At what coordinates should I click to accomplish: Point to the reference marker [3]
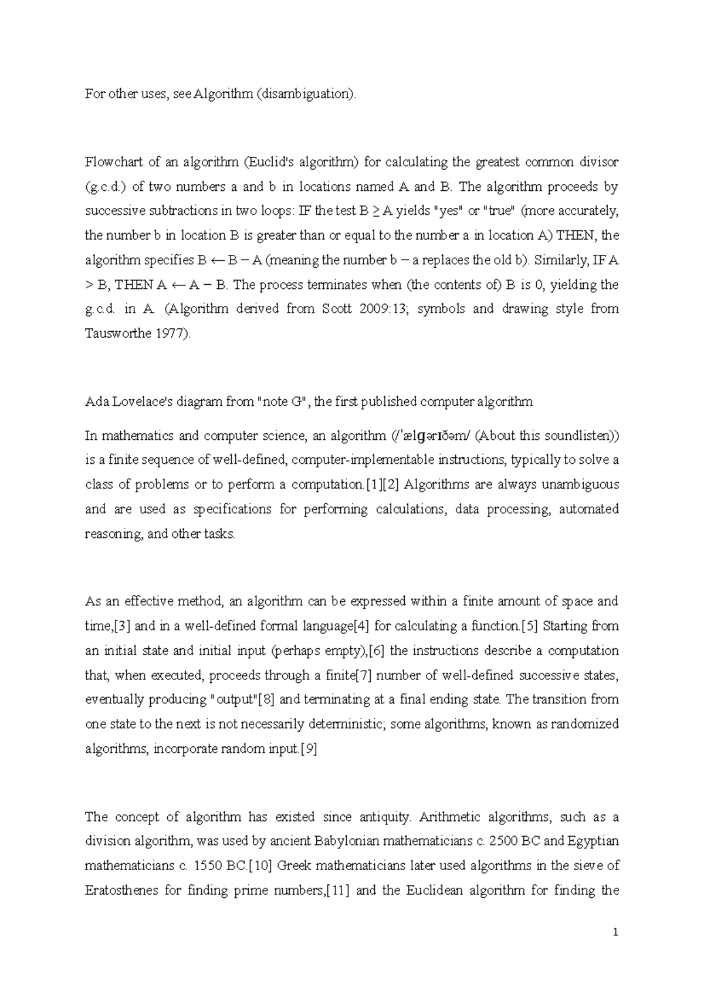[x=122, y=626]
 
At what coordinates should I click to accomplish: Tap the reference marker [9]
[x=309, y=749]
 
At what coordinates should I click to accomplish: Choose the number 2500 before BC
[x=503, y=841]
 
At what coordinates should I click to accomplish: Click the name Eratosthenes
[x=121, y=890]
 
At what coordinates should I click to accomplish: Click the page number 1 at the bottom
[x=615, y=932]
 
